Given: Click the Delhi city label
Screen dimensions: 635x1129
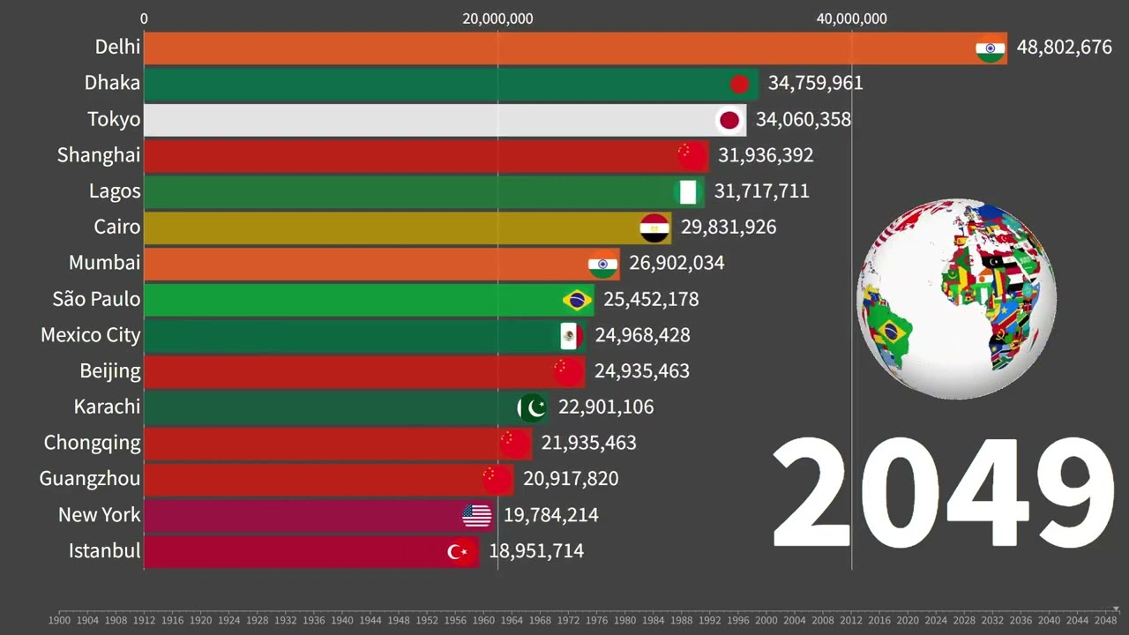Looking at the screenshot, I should (x=117, y=47).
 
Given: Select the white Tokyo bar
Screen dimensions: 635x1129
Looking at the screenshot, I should (x=423, y=120).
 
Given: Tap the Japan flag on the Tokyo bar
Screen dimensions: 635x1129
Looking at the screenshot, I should (x=729, y=120).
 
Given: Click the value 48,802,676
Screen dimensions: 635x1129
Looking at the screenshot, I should (x=1064, y=48).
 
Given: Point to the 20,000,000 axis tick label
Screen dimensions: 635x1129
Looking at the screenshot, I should (x=497, y=19).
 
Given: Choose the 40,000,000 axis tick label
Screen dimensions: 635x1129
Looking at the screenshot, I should (x=851, y=19).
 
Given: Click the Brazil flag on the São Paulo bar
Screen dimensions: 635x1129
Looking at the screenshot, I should (x=577, y=300).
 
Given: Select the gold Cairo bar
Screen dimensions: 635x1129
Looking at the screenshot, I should (x=388, y=228).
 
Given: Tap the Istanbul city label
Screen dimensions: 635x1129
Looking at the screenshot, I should (x=104, y=551).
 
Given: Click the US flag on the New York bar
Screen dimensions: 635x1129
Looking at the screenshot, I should (x=476, y=515).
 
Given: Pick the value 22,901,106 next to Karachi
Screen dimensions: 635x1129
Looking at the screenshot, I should (x=606, y=407).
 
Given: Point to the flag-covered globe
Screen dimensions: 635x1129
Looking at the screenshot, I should (x=956, y=298).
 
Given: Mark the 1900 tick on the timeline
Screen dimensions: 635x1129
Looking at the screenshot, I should (x=59, y=620).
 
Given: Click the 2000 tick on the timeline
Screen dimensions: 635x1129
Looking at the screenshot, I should (x=766, y=620).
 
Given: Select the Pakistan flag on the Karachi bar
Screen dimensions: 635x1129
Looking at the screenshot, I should (x=532, y=407).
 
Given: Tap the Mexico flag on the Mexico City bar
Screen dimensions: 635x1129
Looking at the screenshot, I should (x=570, y=335).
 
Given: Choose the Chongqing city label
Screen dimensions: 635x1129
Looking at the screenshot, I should (x=93, y=443).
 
